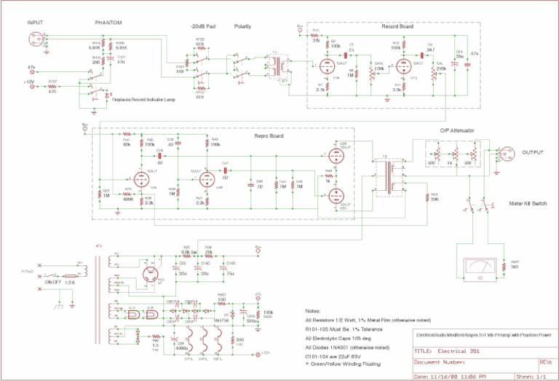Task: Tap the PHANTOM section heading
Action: [108, 23]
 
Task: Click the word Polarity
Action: [243, 26]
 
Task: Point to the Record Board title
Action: [398, 25]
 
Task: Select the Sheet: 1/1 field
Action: [542, 377]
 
